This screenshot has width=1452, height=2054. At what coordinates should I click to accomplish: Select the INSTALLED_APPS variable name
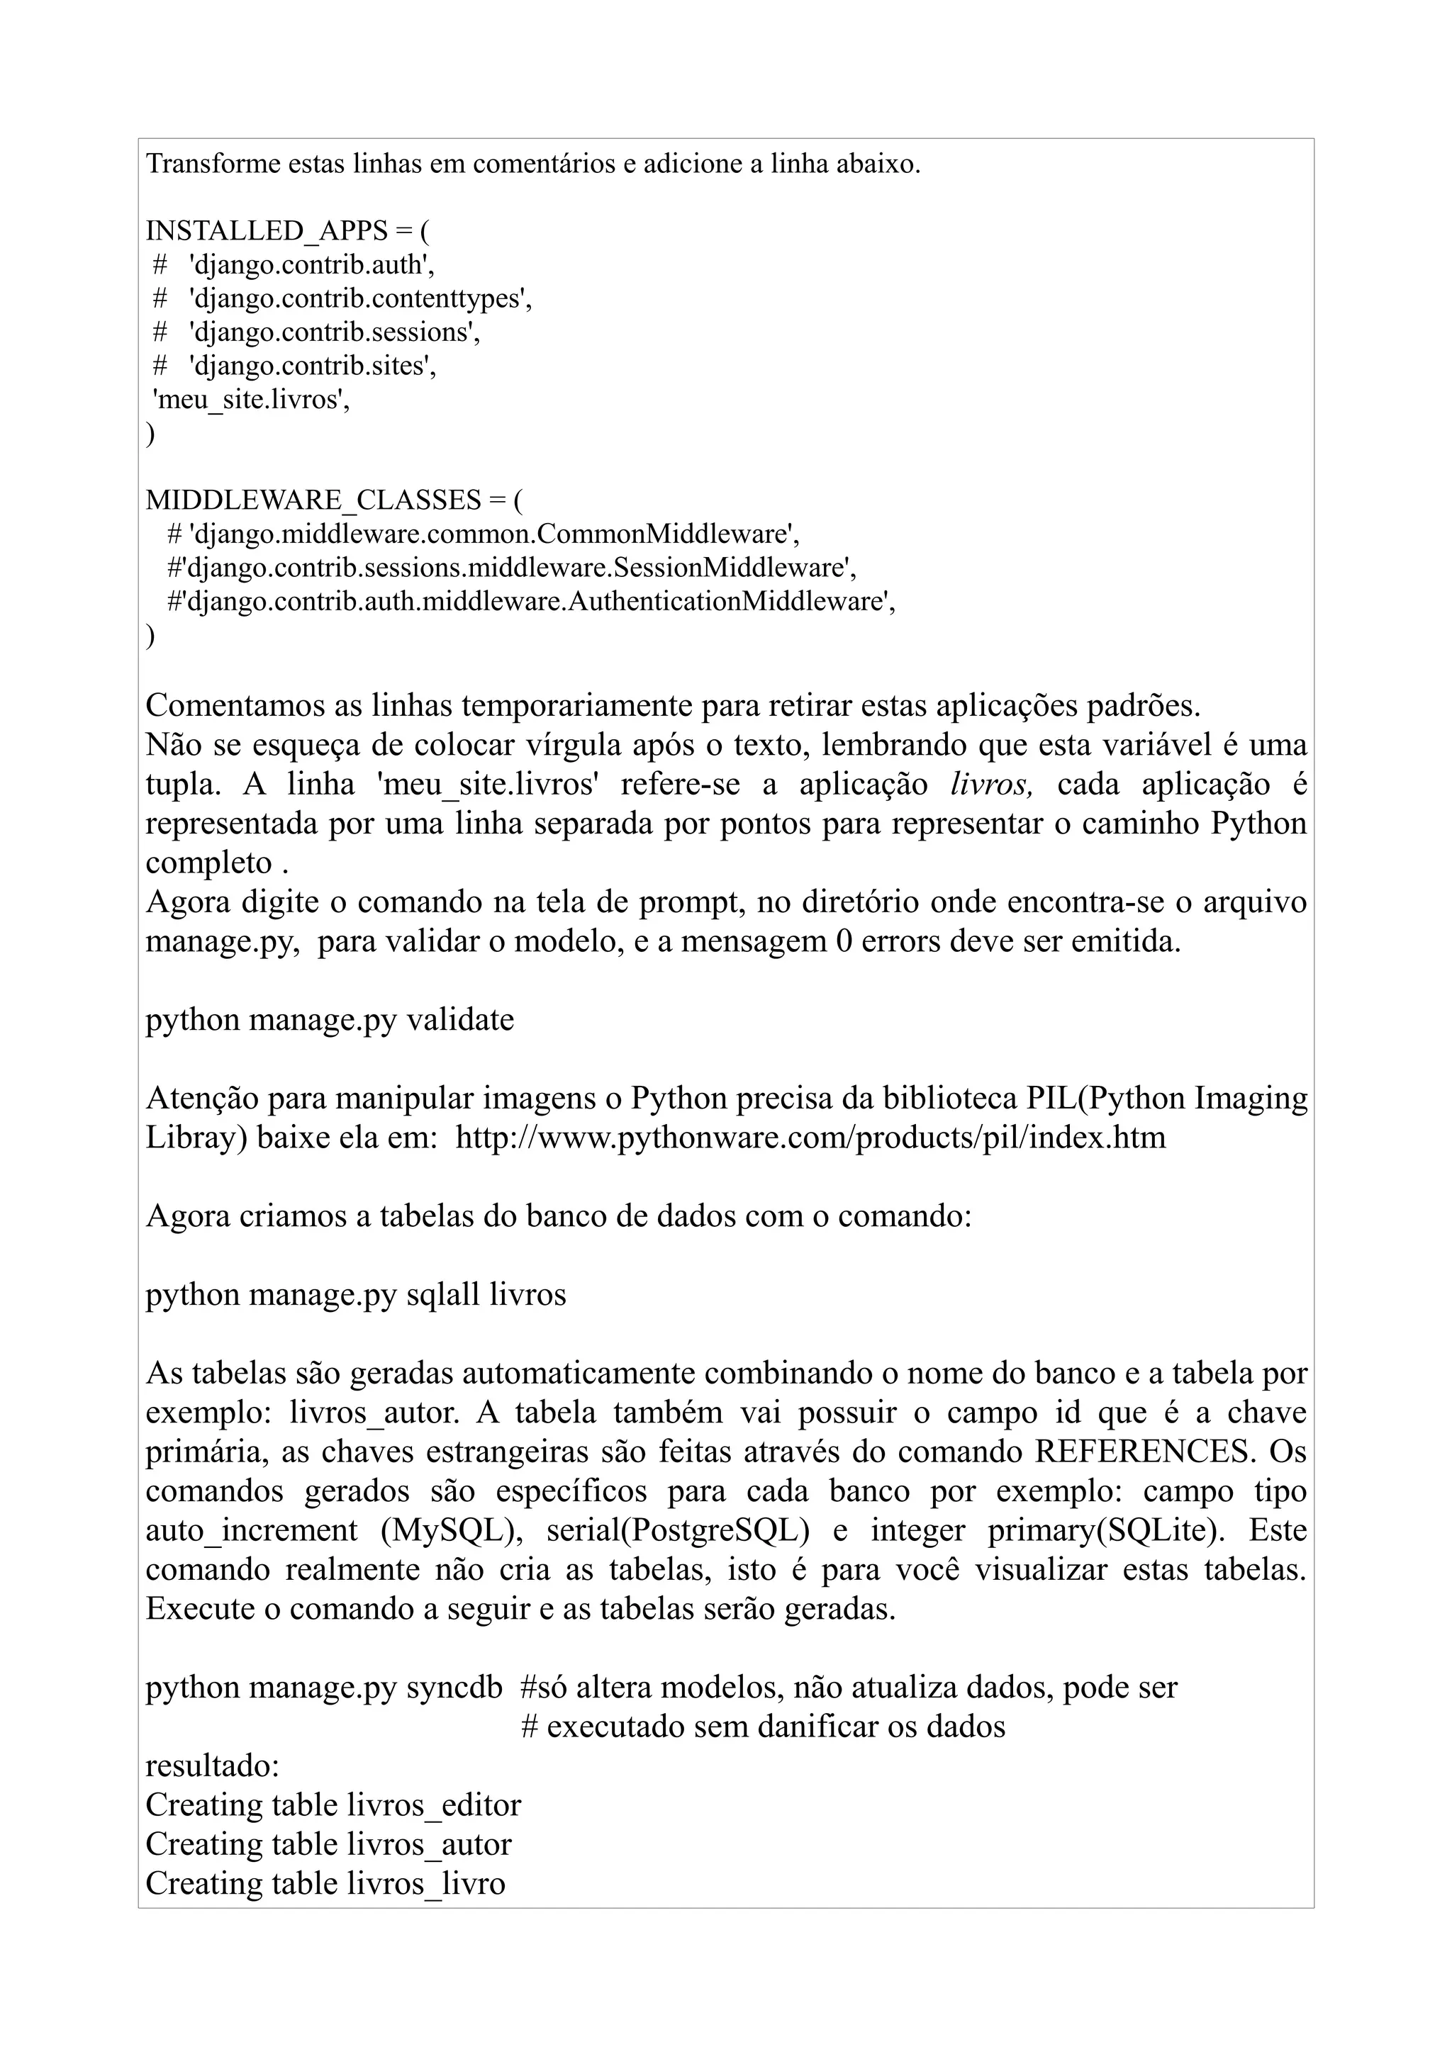click(x=267, y=232)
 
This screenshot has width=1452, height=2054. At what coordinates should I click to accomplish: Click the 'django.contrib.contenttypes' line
click(x=359, y=299)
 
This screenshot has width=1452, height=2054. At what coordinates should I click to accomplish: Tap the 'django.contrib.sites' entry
click(x=312, y=366)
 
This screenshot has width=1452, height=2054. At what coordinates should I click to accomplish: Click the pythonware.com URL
click(x=810, y=1138)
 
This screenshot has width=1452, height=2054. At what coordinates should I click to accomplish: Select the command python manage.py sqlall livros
click(x=355, y=1294)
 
